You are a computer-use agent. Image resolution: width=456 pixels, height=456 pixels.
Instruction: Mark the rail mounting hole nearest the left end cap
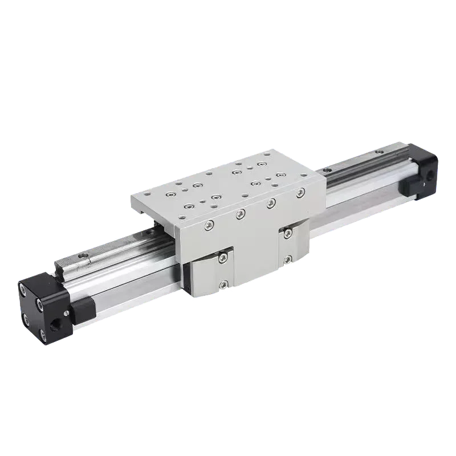pos(84,260)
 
